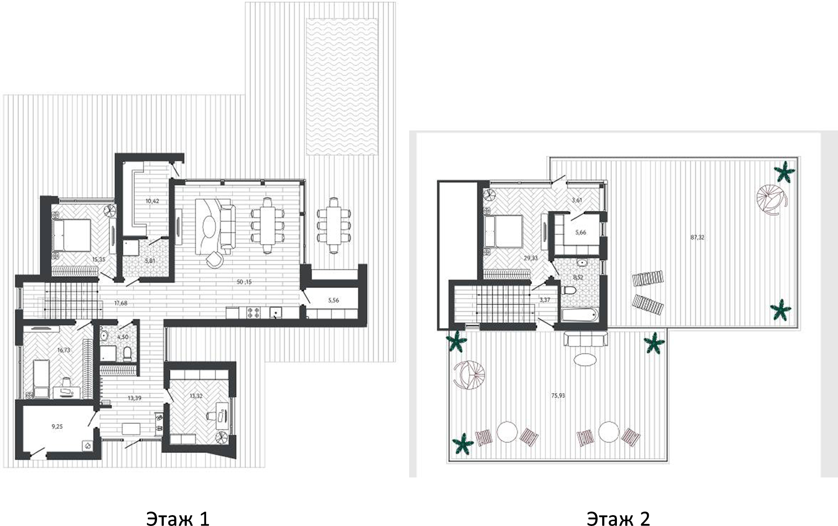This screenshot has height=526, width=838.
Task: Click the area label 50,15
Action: (x=244, y=282)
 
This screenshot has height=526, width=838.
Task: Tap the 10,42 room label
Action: (x=152, y=201)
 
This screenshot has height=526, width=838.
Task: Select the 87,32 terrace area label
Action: (x=697, y=237)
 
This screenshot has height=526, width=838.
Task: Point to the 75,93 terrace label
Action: (x=558, y=395)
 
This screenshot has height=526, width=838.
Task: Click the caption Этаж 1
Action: (x=178, y=518)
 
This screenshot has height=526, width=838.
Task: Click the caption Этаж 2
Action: (x=618, y=518)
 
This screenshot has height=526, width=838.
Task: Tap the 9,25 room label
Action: (x=57, y=426)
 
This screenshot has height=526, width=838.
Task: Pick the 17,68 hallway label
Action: (x=121, y=303)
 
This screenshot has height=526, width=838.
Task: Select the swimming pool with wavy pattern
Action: (x=342, y=86)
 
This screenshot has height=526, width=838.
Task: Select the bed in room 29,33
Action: (x=503, y=231)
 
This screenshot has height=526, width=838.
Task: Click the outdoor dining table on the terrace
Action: (x=333, y=225)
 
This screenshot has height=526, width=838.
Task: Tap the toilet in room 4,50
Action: (x=128, y=354)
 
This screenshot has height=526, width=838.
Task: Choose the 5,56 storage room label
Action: (x=333, y=300)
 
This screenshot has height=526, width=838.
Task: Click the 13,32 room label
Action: (x=196, y=396)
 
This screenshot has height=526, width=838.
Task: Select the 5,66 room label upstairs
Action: (x=580, y=233)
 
